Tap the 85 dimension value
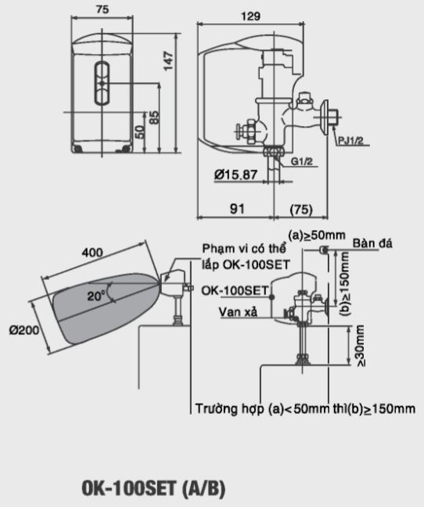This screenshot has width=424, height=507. click(155, 118)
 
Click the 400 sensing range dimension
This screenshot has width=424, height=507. click(92, 253)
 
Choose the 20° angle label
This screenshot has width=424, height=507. click(96, 297)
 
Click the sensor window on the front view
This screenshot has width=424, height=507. click(102, 81)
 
